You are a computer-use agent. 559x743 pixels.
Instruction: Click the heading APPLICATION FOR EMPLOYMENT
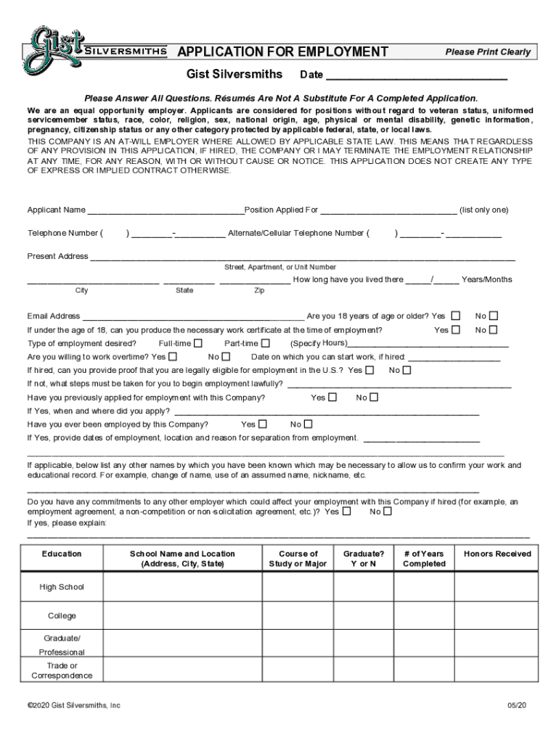[283, 52]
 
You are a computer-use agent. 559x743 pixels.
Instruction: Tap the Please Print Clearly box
[488, 52]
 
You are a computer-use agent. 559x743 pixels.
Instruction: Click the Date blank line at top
[416, 75]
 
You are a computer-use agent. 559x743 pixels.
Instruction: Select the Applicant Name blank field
[166, 210]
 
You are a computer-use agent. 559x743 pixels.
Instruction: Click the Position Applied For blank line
[388, 210]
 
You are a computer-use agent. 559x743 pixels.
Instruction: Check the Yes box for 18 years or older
[455, 316]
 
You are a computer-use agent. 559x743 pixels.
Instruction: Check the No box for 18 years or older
[494, 316]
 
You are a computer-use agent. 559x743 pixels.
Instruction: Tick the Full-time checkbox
[198, 343]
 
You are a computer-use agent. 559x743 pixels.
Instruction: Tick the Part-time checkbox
[265, 343]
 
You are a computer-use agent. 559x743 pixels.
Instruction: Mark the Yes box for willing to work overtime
[173, 357]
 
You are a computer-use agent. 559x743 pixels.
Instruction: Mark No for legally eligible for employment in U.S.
[407, 370]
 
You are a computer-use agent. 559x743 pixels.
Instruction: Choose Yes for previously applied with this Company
[332, 398]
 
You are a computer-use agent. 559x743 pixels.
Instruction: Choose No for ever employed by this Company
[308, 424]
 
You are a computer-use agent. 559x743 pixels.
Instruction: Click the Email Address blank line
[193, 316]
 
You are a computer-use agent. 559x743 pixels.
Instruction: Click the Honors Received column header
[497, 554]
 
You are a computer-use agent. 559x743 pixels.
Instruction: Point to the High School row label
[62, 587]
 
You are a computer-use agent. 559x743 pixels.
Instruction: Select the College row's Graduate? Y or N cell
[364, 615]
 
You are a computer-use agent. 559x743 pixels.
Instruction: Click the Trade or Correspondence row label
[62, 670]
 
